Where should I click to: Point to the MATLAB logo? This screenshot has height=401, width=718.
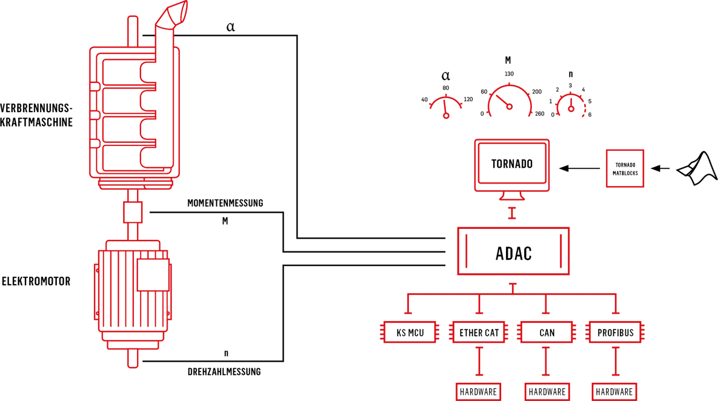click(x=697, y=169)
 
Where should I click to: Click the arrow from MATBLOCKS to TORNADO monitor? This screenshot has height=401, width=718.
click(x=580, y=168)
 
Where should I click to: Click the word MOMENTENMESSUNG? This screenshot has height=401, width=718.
click(x=225, y=203)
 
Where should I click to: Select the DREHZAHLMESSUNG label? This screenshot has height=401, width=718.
click(x=224, y=372)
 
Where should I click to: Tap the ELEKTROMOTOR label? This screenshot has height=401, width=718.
click(x=36, y=281)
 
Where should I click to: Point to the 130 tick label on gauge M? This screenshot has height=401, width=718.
click(x=509, y=74)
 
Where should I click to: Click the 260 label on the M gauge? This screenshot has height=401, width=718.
click(x=540, y=114)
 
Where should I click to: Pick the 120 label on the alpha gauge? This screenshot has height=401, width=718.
click(x=468, y=99)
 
